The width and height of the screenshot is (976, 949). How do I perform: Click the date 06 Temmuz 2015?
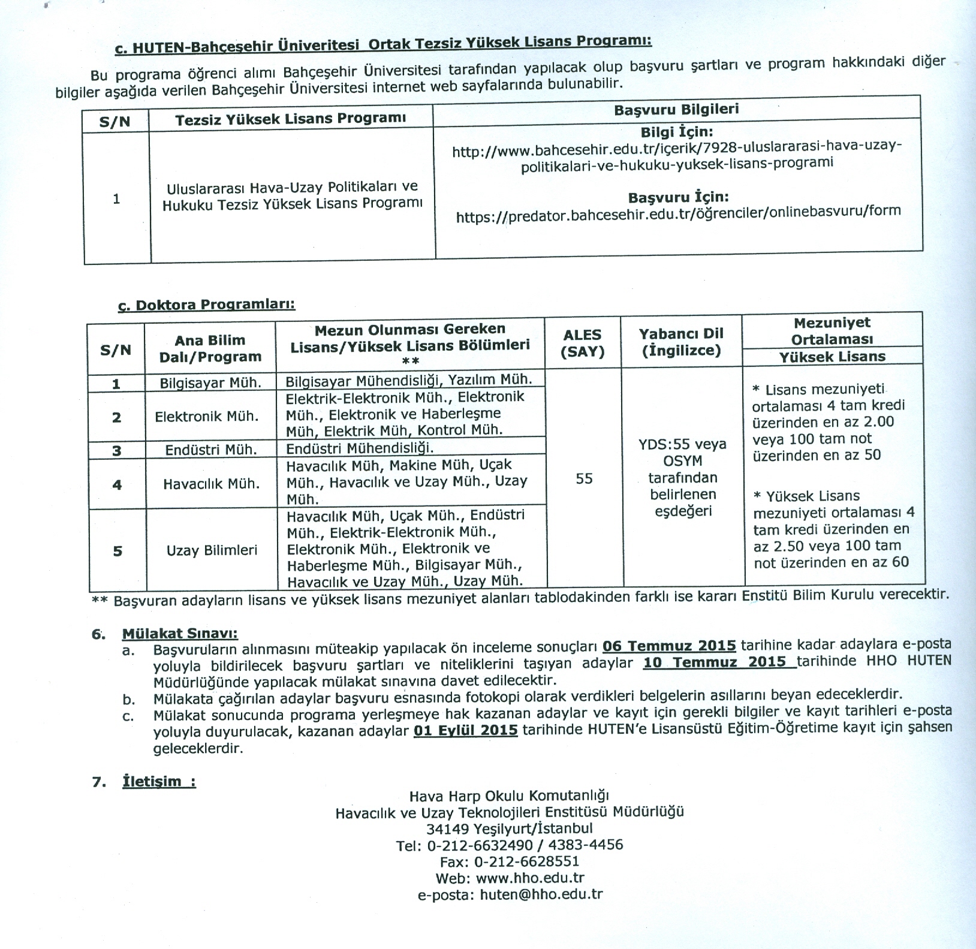pyautogui.click(x=669, y=646)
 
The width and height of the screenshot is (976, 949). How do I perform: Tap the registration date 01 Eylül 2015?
pyautogui.click(x=465, y=731)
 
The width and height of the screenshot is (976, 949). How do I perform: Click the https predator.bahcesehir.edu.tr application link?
pyautogui.click(x=678, y=212)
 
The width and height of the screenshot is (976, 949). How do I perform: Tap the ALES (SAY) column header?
pyautogui.click(x=582, y=344)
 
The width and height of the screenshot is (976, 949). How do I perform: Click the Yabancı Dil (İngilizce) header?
pyautogui.click(x=681, y=342)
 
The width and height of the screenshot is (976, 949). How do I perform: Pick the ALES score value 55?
pyautogui.click(x=584, y=478)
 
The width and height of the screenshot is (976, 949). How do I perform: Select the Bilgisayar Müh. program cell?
pyautogui.click(x=210, y=383)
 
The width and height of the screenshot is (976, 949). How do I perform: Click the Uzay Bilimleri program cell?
pyautogui.click(x=212, y=550)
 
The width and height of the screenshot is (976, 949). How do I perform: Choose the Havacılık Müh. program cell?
pyautogui.click(x=211, y=484)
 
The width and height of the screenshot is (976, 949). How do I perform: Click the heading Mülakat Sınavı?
pyautogui.click(x=180, y=634)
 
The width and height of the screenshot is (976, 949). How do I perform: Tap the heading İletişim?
pyautogui.click(x=158, y=782)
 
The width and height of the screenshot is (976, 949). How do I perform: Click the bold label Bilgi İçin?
pyautogui.click(x=677, y=131)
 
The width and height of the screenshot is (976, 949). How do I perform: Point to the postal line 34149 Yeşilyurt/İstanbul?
pyautogui.click(x=510, y=829)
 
